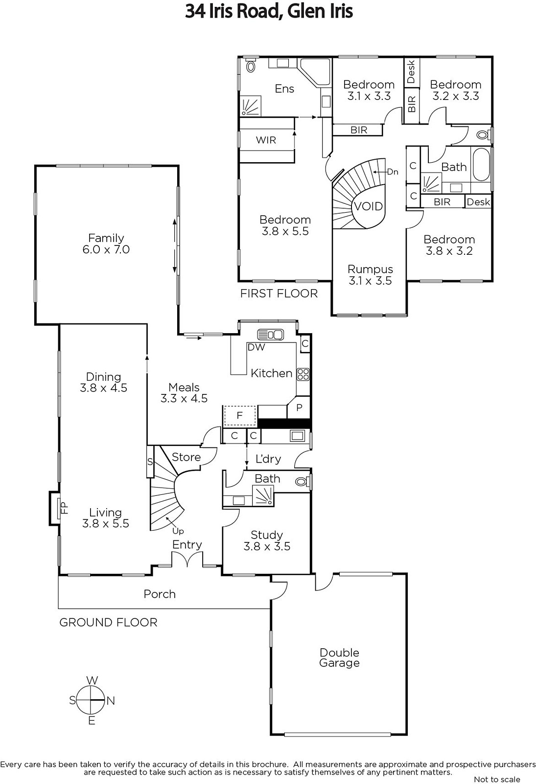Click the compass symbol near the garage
[90, 700]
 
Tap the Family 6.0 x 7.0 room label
[106, 244]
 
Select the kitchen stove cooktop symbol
[303, 374]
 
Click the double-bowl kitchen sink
[270, 335]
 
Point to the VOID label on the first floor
[369, 206]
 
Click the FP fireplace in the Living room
[55, 508]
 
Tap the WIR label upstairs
[266, 140]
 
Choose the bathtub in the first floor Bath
[481, 165]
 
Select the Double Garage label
[339, 658]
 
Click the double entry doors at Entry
[187, 559]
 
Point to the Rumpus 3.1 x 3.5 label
[370, 275]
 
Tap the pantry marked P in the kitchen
[299, 407]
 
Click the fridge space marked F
[239, 416]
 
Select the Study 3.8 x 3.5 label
[267, 540]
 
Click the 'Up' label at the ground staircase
[178, 531]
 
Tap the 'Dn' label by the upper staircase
[393, 172]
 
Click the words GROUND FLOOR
[108, 622]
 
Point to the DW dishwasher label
[256, 347]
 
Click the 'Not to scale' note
[497, 779]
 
